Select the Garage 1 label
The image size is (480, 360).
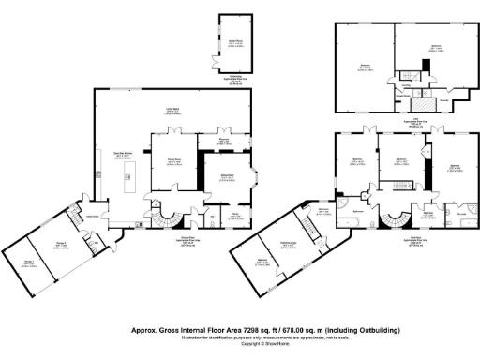29,263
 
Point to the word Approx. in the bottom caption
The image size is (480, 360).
143,330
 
